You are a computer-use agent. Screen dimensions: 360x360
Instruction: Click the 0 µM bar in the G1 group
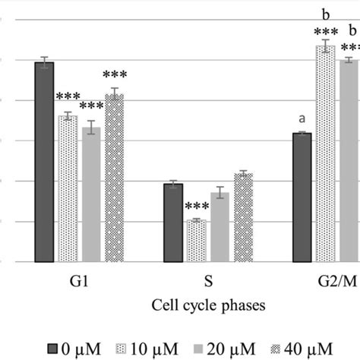[44, 163]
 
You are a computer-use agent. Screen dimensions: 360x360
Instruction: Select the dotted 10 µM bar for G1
[68, 189]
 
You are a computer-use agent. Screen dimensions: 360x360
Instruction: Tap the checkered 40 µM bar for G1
[114, 178]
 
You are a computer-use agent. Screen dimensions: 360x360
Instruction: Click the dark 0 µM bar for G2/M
[302, 197]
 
